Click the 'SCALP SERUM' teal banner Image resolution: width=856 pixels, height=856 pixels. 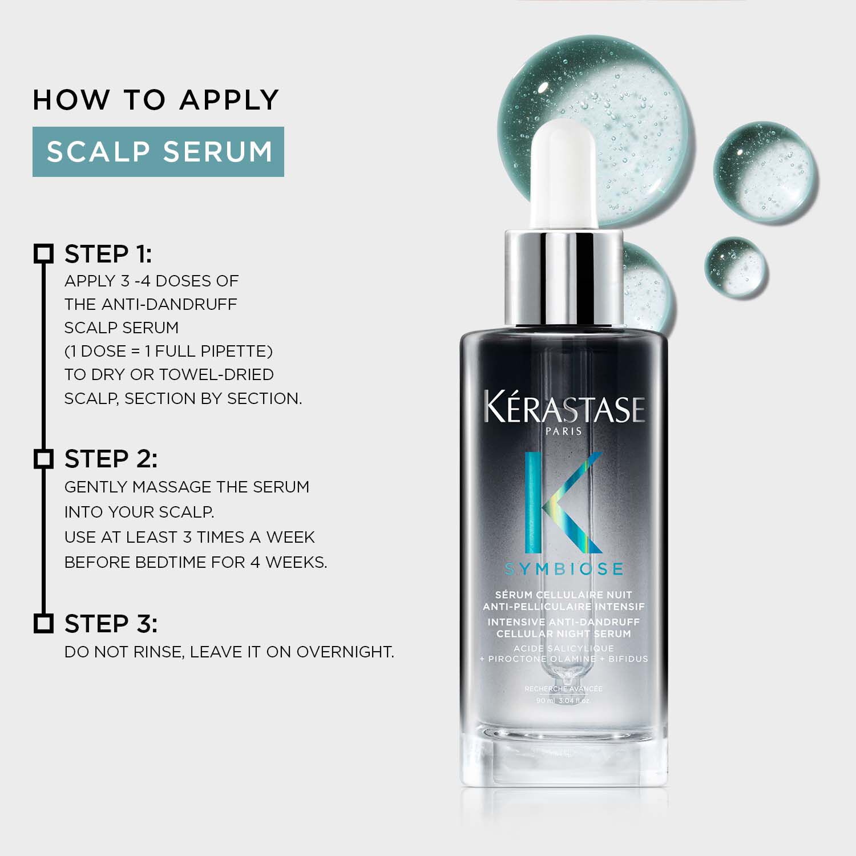tap(158, 152)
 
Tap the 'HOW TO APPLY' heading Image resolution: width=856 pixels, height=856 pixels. tap(156, 100)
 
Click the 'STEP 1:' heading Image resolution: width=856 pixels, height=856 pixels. tap(108, 255)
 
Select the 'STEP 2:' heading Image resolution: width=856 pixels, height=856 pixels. tap(111, 459)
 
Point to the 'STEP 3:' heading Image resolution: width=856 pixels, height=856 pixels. tap(111, 624)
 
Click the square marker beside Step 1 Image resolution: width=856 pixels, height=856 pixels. tap(43, 254)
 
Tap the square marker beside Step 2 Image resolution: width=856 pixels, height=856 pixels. tap(43, 459)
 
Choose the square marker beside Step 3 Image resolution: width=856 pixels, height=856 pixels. tap(43, 624)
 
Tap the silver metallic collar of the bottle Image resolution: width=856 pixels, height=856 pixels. tap(564, 280)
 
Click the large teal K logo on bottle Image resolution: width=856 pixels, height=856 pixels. tap(562, 502)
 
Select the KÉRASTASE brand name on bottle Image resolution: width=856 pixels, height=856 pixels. tap(564, 409)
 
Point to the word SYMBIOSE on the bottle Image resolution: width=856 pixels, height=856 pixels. tap(564, 569)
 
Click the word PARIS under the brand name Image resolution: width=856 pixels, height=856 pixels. tap(564, 431)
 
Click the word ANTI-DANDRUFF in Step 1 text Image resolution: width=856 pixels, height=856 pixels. tap(169, 304)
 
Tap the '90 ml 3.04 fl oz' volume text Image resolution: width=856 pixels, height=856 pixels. tap(563, 700)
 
